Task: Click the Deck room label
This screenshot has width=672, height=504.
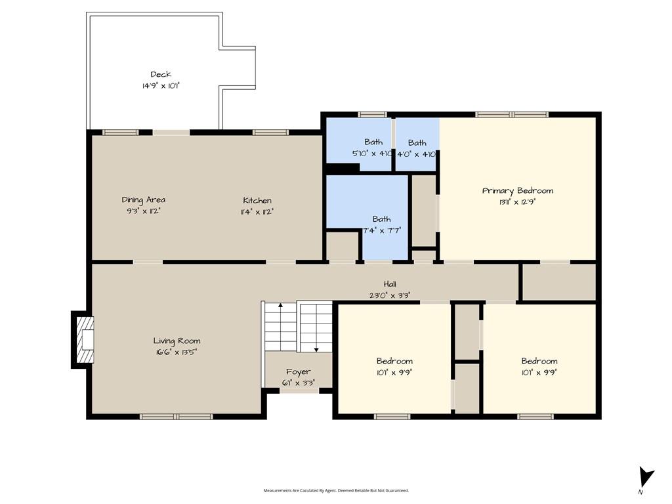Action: click(x=161, y=75)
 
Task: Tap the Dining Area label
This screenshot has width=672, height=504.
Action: click(x=144, y=199)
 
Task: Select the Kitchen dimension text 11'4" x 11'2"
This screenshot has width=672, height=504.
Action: click(x=257, y=212)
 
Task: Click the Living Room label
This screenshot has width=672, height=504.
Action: click(x=177, y=341)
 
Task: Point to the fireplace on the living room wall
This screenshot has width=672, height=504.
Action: click(x=83, y=339)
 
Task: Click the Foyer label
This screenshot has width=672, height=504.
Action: click(x=299, y=372)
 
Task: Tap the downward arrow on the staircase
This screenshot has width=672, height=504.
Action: click(x=317, y=328)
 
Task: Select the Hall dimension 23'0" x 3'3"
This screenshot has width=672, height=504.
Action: click(x=390, y=295)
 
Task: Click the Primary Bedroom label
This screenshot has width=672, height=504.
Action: click(x=518, y=191)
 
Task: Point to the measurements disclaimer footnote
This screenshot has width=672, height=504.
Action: click(x=336, y=491)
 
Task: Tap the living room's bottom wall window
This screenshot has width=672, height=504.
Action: click(x=176, y=416)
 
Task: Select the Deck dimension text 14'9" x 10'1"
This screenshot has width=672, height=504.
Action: click(x=161, y=86)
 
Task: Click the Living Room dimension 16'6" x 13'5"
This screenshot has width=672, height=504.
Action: click(x=177, y=352)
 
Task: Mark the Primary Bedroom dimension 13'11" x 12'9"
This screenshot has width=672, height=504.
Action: click(x=518, y=202)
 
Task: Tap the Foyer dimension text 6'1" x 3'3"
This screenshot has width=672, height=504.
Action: click(x=299, y=383)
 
